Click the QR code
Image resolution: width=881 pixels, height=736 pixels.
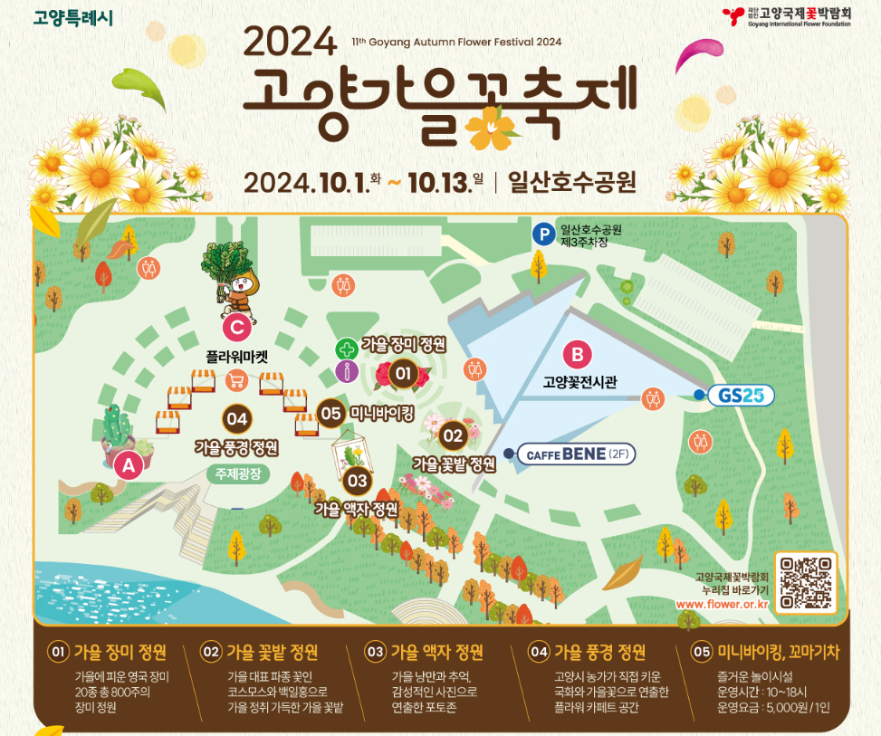click(x=806, y=583)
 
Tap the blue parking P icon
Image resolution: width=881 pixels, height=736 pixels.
click(x=543, y=234)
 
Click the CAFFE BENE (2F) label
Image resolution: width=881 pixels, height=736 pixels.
click(x=577, y=454)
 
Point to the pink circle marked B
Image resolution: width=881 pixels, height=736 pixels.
click(x=577, y=353)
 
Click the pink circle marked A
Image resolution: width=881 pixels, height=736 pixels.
click(x=128, y=465)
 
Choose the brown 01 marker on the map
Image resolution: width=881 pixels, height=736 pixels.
click(x=403, y=373)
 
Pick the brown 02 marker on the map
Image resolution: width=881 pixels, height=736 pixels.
click(x=453, y=435)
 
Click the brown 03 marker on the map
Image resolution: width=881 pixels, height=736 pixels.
click(x=358, y=481)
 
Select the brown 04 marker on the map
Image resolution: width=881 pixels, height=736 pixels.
click(x=237, y=418)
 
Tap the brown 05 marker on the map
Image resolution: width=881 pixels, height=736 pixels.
click(x=331, y=413)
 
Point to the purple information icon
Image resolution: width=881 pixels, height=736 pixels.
click(x=346, y=371)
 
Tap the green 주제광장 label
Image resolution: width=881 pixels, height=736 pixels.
click(x=237, y=473)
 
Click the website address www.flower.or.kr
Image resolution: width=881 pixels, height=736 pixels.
click(x=722, y=604)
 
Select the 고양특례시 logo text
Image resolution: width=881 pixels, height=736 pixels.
click(x=73, y=17)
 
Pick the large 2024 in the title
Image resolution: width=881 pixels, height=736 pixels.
click(x=290, y=40)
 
